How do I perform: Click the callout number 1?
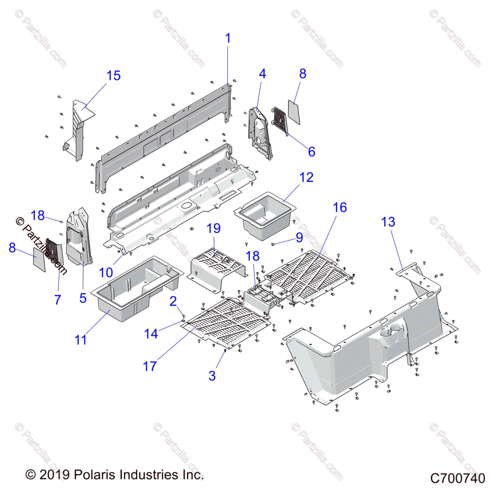[x=228, y=39]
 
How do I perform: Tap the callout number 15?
[x=114, y=76]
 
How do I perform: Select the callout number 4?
[x=262, y=74]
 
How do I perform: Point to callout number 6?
[x=312, y=152]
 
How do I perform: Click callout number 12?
[x=306, y=178]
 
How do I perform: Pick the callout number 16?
[x=340, y=207]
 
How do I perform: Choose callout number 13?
[x=388, y=222]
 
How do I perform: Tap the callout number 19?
[x=214, y=228]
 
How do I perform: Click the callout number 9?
[x=299, y=237]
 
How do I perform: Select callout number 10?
[x=106, y=272]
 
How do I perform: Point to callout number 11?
[x=81, y=340]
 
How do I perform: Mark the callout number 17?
[x=150, y=366]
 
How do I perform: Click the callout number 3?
[x=212, y=376]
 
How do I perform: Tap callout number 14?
[x=151, y=334]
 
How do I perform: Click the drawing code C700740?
[x=458, y=478]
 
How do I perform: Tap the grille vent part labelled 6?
[x=280, y=121]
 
